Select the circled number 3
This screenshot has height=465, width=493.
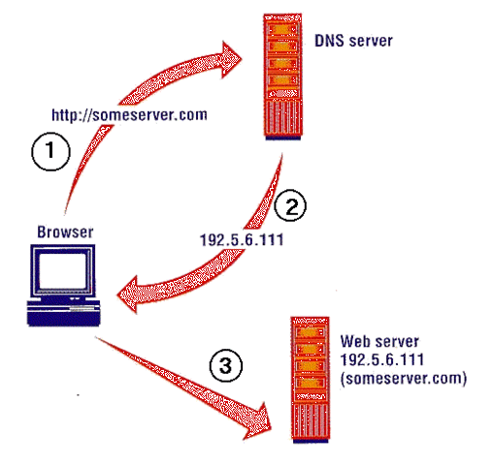(225, 366)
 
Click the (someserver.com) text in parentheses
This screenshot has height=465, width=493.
(403, 379)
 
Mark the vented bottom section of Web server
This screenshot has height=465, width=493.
(308, 421)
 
